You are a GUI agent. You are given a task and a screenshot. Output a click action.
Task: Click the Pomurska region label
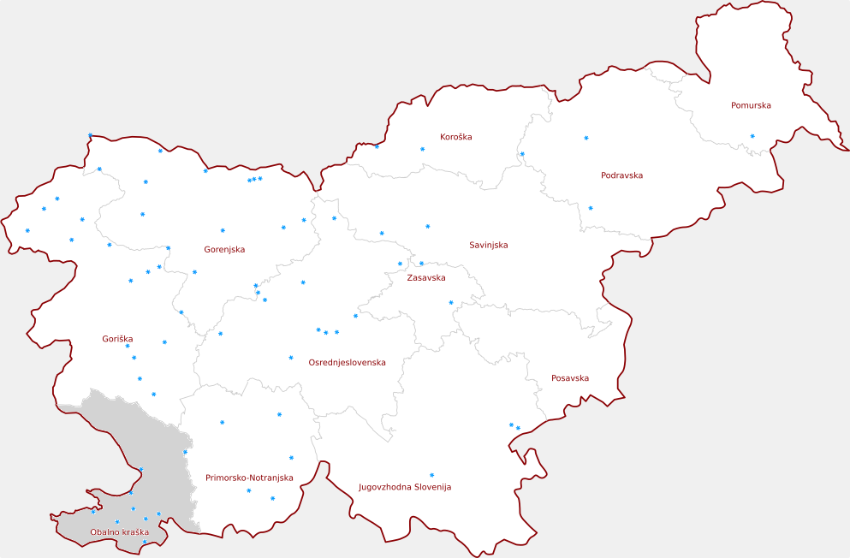point(751,105)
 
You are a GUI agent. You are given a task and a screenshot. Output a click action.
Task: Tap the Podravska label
point(621,175)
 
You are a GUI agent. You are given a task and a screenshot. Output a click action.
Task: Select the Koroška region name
point(455,136)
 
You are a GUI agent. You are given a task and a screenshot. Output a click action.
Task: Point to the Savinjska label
point(488,245)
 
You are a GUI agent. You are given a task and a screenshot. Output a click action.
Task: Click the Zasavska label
point(425,277)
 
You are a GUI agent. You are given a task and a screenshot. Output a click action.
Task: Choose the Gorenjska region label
point(224,249)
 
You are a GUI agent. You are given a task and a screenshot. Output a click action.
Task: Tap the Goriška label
point(117,339)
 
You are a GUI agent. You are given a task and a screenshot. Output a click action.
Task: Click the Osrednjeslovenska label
point(347,362)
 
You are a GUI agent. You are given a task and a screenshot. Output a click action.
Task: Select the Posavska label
point(570,377)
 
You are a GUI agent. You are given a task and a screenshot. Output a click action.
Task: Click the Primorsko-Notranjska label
point(249,478)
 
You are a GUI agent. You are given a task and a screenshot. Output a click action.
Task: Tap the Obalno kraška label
point(119,532)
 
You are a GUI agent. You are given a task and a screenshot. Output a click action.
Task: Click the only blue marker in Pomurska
point(752,136)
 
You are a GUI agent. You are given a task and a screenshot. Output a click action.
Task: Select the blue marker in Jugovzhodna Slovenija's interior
point(431,475)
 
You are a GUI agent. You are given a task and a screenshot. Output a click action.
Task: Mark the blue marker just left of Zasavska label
point(400,264)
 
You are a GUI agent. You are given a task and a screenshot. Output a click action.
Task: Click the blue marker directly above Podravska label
point(586,138)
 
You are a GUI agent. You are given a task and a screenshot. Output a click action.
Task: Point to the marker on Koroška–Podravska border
point(522,154)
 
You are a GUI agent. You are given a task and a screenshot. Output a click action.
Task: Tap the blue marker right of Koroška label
point(422,149)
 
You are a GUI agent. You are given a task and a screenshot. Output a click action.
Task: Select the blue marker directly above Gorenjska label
point(223,230)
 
